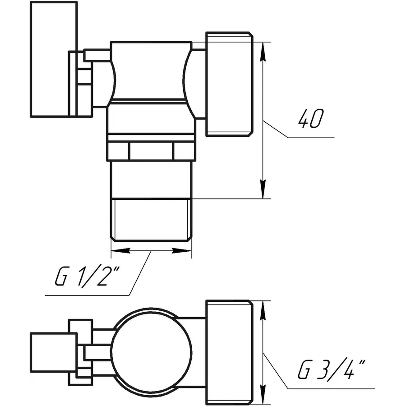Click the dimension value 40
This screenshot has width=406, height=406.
coord(311,119)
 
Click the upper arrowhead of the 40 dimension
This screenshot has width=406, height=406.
coord(263,52)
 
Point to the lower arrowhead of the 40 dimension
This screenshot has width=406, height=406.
coord(263,189)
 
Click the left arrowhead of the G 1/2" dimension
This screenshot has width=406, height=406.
coord(120,250)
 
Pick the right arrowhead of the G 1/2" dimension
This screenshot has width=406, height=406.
coord(181,250)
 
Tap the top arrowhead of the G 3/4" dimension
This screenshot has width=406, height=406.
coord(263,311)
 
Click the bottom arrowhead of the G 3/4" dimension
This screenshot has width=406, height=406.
coord(263,394)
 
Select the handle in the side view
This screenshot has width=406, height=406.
coord(54,59)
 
